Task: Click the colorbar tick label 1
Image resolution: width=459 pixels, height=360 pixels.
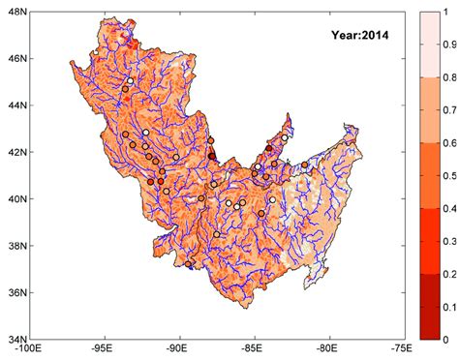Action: click(x=446, y=12)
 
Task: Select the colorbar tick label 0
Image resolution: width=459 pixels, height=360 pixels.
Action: click(x=446, y=339)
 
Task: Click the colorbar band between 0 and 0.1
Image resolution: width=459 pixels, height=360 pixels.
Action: click(x=427, y=322)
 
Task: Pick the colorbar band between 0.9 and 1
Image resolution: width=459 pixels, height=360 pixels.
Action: click(x=427, y=28)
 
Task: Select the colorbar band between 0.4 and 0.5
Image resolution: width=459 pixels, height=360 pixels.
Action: click(x=427, y=192)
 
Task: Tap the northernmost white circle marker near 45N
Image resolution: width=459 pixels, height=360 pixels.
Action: click(x=129, y=81)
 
